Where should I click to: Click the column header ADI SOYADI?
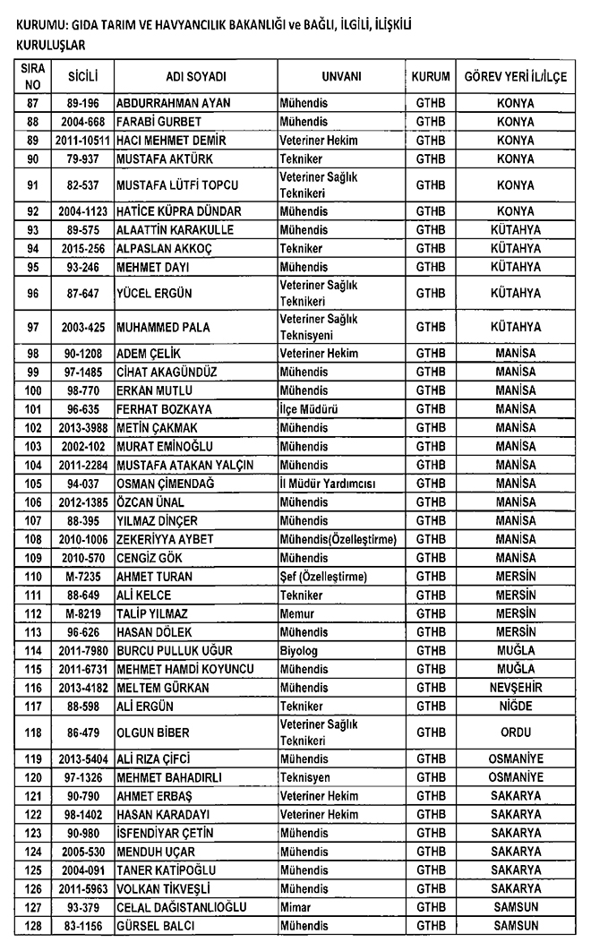195,78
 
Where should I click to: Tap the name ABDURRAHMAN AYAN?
174,103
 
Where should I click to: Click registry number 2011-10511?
81,141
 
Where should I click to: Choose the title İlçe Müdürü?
308,408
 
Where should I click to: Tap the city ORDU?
515,731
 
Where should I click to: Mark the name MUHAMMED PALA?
163,328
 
